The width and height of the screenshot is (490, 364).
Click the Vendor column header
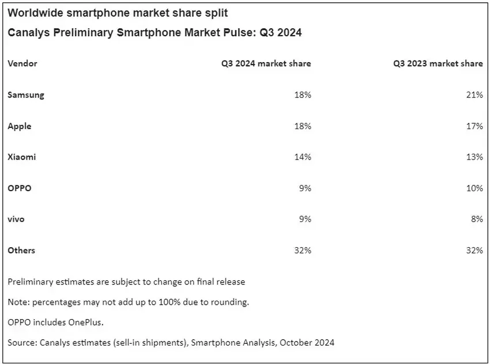click(x=22, y=63)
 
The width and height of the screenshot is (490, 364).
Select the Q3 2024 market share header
click(x=266, y=63)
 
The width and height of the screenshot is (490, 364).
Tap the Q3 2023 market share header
click(x=438, y=63)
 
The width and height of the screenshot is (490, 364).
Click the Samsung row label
click(x=26, y=94)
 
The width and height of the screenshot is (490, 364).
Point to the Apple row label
click(x=20, y=126)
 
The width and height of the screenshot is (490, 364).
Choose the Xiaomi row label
click(x=22, y=157)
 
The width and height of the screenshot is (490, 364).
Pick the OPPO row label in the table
click(x=20, y=188)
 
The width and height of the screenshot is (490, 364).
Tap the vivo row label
click(x=16, y=219)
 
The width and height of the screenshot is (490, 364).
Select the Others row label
click(x=21, y=250)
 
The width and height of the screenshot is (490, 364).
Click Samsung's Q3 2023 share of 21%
click(x=475, y=94)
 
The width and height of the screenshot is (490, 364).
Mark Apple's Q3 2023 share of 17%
click(x=475, y=126)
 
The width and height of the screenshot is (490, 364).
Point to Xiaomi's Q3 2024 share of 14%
click(x=303, y=157)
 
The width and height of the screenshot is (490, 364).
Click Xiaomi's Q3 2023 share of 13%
click(x=475, y=157)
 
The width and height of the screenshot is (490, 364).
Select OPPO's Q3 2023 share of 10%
click(x=475, y=188)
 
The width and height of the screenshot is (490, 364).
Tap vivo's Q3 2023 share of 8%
click(x=477, y=219)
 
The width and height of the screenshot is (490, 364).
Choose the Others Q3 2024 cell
click(x=303, y=250)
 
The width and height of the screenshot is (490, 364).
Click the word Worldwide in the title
click(x=34, y=13)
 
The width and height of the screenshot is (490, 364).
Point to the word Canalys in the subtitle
click(x=27, y=33)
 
